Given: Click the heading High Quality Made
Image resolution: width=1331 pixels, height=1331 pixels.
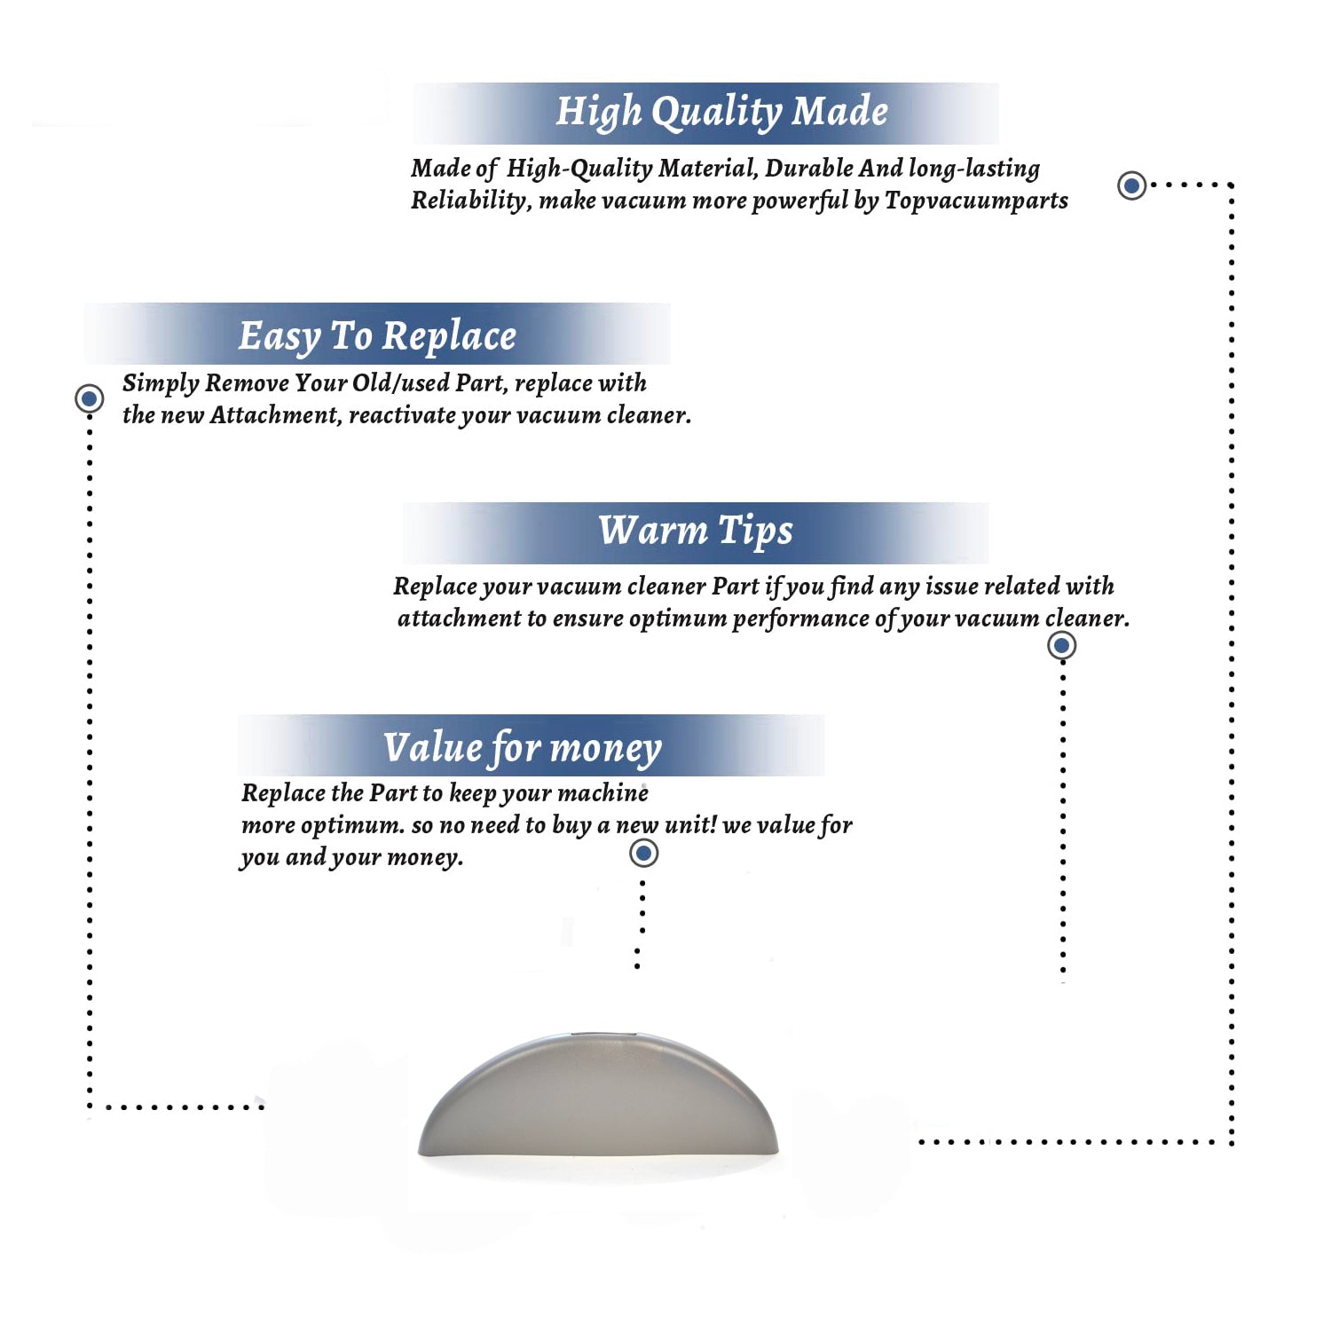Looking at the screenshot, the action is pos(721,113).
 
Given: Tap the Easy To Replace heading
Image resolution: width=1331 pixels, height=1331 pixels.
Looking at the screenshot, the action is pos(377,336).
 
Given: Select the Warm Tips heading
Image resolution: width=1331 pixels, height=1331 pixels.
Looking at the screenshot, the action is pos(696,531).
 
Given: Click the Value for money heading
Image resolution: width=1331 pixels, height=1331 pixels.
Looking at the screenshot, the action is pos(523,747).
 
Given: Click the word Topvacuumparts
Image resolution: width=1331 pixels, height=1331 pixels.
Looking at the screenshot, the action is pos(976,201).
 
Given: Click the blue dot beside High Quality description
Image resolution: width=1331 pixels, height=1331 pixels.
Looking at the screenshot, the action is pos(1131,185).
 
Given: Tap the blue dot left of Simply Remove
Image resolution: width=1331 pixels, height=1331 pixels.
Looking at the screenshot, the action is pos(89,398).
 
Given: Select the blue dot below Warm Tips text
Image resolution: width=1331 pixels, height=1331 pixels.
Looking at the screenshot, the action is pos(1061,645).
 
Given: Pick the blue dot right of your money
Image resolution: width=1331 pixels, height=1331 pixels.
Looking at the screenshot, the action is pos(643,854).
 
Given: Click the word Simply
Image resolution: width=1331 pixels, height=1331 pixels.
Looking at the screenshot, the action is pos(161,383).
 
